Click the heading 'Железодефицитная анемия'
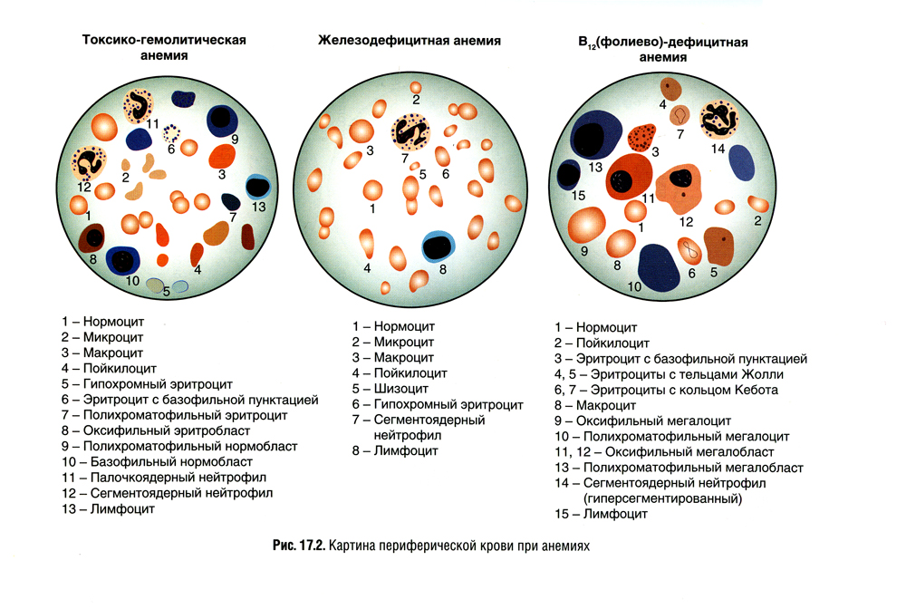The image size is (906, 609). [x=410, y=41]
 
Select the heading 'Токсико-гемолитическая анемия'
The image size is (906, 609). [x=164, y=48]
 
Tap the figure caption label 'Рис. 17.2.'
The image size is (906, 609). [x=298, y=546]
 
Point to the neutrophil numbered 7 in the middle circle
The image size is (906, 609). [x=411, y=132]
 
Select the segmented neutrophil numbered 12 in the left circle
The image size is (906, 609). [x=90, y=163]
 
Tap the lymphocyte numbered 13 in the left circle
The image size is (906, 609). [x=258, y=187]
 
